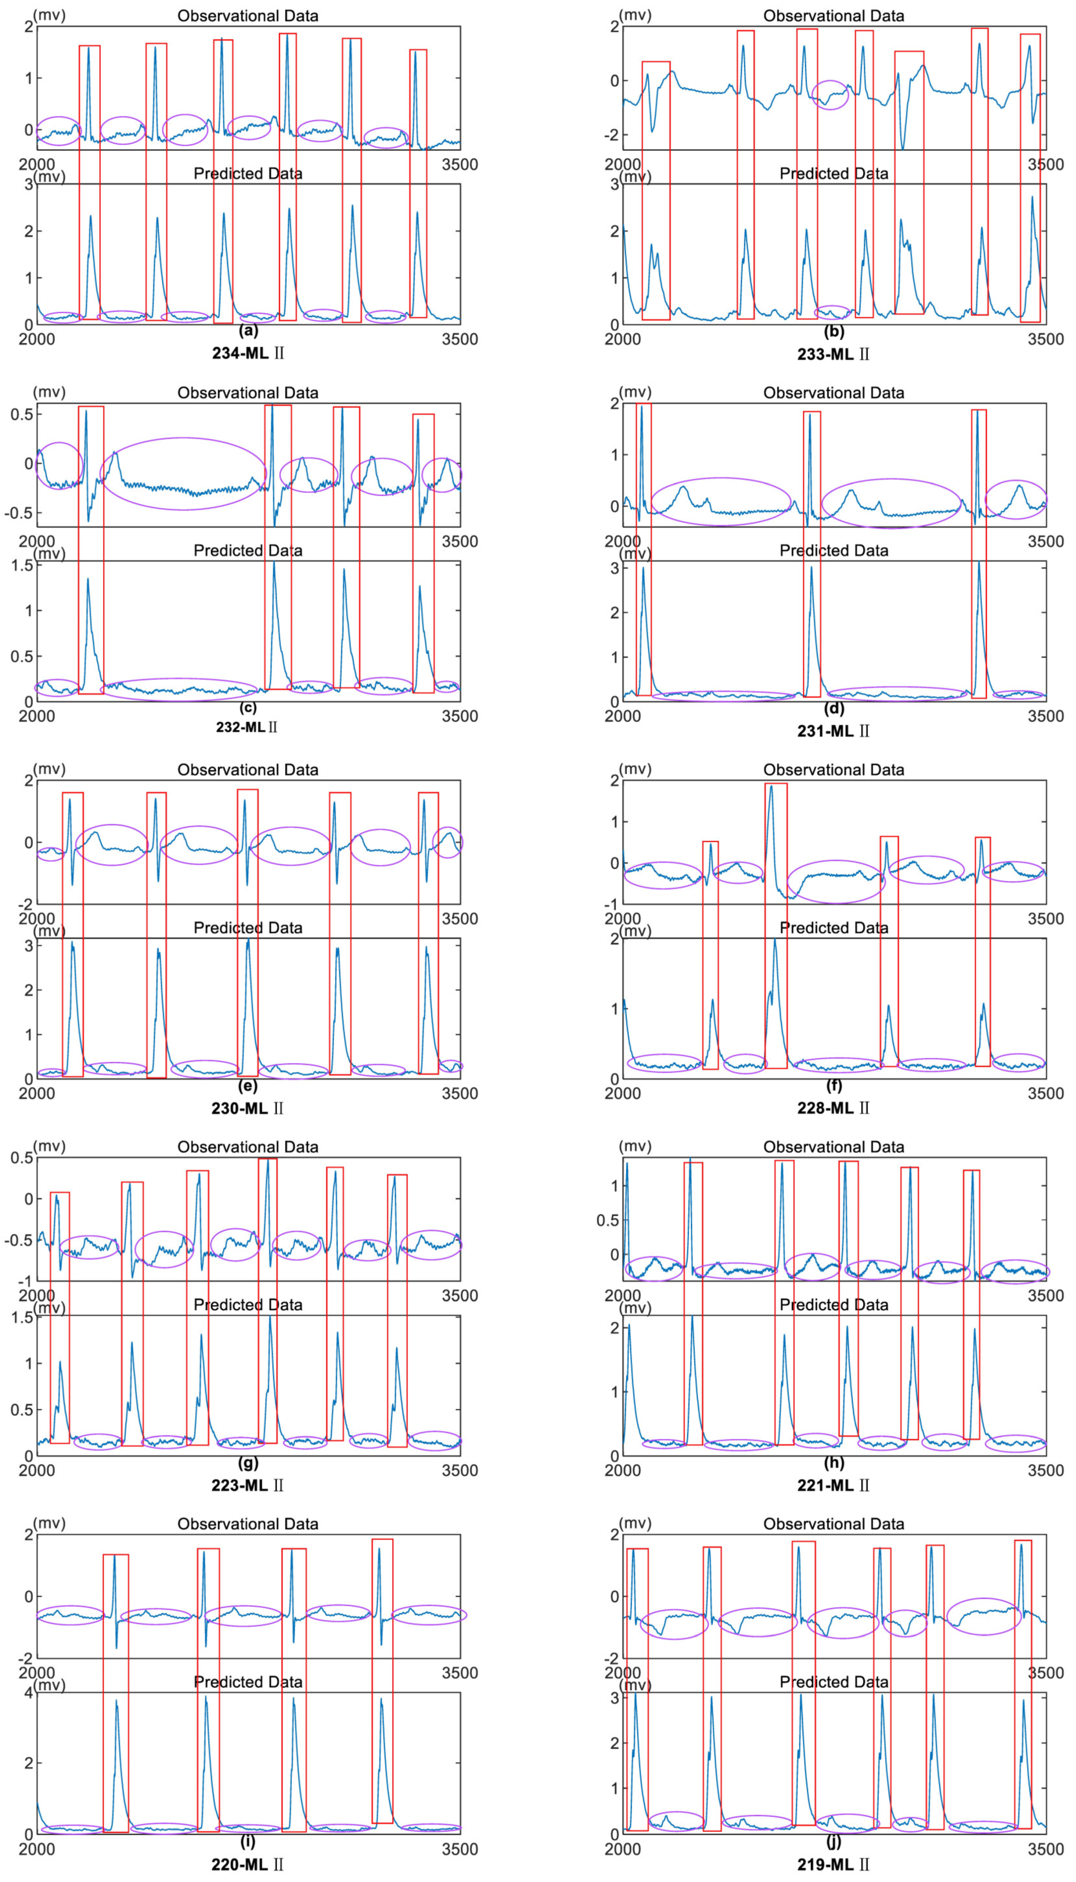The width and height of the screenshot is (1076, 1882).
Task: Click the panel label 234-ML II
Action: click(248, 353)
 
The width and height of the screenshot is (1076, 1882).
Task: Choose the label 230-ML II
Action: click(248, 1108)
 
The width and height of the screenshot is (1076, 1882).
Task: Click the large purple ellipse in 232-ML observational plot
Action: click(183, 473)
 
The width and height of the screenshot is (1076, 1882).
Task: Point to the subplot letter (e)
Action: click(248, 1085)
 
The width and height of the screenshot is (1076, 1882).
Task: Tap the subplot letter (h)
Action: click(834, 1463)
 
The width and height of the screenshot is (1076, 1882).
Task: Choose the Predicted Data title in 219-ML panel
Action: click(834, 1682)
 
